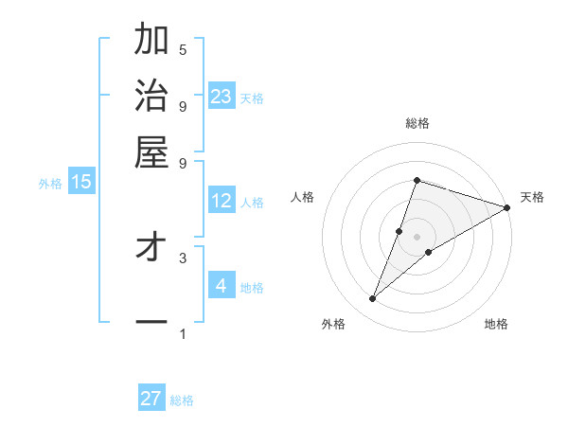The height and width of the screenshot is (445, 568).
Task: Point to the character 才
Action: [151, 247]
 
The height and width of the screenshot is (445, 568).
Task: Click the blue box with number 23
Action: [222, 97]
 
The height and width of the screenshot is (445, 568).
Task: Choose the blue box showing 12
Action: [222, 201]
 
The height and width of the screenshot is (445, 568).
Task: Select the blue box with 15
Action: [81, 182]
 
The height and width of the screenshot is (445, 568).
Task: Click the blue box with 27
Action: [151, 399]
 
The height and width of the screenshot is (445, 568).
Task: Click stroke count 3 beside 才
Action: [183, 257]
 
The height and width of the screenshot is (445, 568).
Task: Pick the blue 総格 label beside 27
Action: [182, 400]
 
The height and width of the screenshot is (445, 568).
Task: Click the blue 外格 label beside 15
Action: [49, 184]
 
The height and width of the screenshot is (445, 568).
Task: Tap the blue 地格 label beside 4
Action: [252, 287]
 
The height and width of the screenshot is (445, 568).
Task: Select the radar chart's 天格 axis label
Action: [532, 197]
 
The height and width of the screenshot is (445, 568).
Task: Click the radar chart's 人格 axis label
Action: [303, 197]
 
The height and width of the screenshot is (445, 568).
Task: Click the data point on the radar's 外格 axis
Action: [373, 299]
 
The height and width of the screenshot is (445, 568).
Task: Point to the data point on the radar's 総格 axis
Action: [417, 180]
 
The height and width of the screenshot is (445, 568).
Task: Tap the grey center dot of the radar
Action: [417, 236]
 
